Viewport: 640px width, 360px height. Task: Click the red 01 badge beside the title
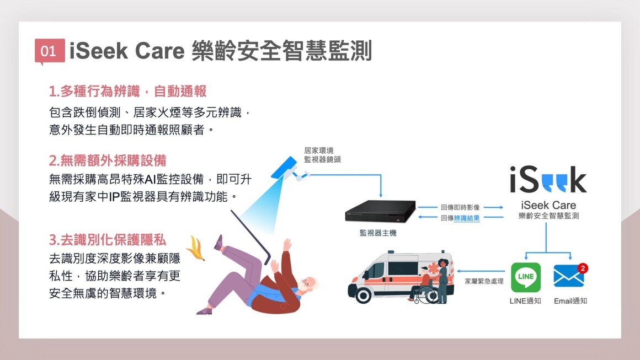[x=50, y=51]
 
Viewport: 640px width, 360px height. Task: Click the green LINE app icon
[x=526, y=277]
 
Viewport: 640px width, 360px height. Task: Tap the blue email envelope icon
[x=569, y=277]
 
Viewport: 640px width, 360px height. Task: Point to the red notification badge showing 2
[x=583, y=268]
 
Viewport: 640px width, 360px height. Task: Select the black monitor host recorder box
[x=380, y=211]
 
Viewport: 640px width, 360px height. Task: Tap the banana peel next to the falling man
[x=195, y=248]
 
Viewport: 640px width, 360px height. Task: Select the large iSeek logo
[x=548, y=179]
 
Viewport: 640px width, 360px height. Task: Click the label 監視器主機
[x=378, y=233]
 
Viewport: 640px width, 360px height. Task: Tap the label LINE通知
[x=525, y=301]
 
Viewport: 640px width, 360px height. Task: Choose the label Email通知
[x=570, y=301]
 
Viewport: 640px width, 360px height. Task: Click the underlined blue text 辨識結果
[x=467, y=218]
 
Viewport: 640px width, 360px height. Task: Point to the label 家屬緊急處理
[x=484, y=281]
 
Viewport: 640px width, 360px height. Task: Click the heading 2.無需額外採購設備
[x=108, y=160]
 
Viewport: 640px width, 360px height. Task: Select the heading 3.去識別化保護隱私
[x=108, y=240]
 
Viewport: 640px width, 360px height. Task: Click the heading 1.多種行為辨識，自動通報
[x=128, y=92]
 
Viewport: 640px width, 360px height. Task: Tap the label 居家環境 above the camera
[x=319, y=151]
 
